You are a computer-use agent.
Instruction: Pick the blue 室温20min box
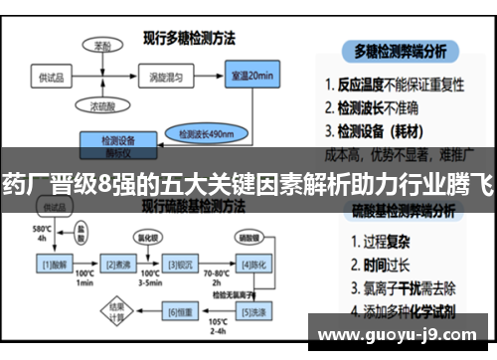click(x=252, y=77)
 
